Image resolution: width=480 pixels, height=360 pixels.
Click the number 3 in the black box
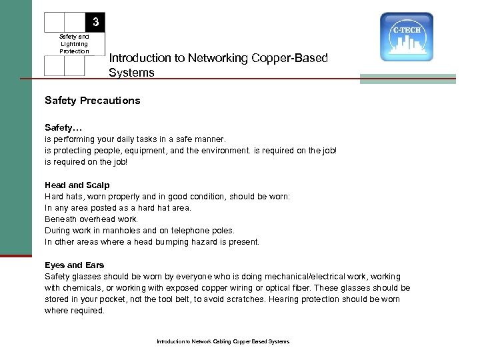(96, 23)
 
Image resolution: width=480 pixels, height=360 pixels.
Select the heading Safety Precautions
(92, 101)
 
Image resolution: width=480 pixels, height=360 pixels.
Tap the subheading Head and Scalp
(77, 185)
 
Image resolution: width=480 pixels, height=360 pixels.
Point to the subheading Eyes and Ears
(74, 265)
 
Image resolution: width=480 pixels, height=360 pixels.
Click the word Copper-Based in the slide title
(292, 58)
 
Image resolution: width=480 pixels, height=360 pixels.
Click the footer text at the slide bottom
(223, 341)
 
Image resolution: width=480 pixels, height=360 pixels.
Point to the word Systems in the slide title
(131, 72)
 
